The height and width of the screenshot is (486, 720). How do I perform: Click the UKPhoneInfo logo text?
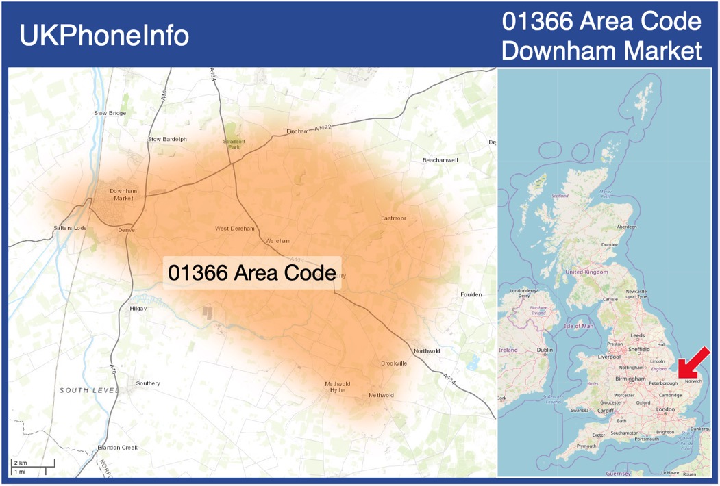click(x=104, y=36)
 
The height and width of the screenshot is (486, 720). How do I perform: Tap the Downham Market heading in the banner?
click(x=601, y=51)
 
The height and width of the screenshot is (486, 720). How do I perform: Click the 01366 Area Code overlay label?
click(x=251, y=272)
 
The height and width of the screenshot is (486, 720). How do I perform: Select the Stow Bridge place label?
click(x=110, y=113)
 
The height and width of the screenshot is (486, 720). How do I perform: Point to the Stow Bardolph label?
click(x=167, y=140)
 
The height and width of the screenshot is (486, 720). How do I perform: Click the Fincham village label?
click(x=298, y=131)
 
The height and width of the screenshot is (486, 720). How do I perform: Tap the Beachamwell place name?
click(x=440, y=159)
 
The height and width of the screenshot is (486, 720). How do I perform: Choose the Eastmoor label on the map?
click(x=393, y=218)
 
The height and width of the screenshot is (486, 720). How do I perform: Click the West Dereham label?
click(x=235, y=229)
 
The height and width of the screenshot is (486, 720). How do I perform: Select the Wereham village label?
click(x=278, y=241)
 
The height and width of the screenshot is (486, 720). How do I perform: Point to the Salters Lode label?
click(x=70, y=228)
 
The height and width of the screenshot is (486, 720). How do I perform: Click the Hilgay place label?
click(x=138, y=309)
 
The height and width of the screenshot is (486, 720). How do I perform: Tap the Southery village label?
click(x=148, y=383)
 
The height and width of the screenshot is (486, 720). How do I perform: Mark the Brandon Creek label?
click(x=117, y=448)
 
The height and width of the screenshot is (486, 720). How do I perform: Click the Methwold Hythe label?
click(x=337, y=387)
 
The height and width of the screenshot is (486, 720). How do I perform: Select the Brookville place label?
click(x=394, y=363)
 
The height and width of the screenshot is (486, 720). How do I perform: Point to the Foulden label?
click(x=471, y=295)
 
